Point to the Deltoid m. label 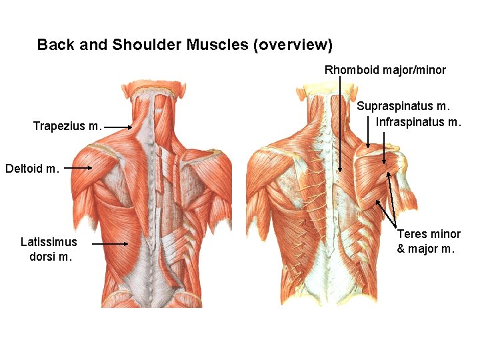click(x=33, y=169)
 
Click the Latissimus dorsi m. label click(x=49, y=249)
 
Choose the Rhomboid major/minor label click(x=385, y=69)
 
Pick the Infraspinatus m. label click(x=419, y=122)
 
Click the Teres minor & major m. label click(x=428, y=241)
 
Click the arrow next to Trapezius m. click(x=119, y=127)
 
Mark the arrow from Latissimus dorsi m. click(x=110, y=244)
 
